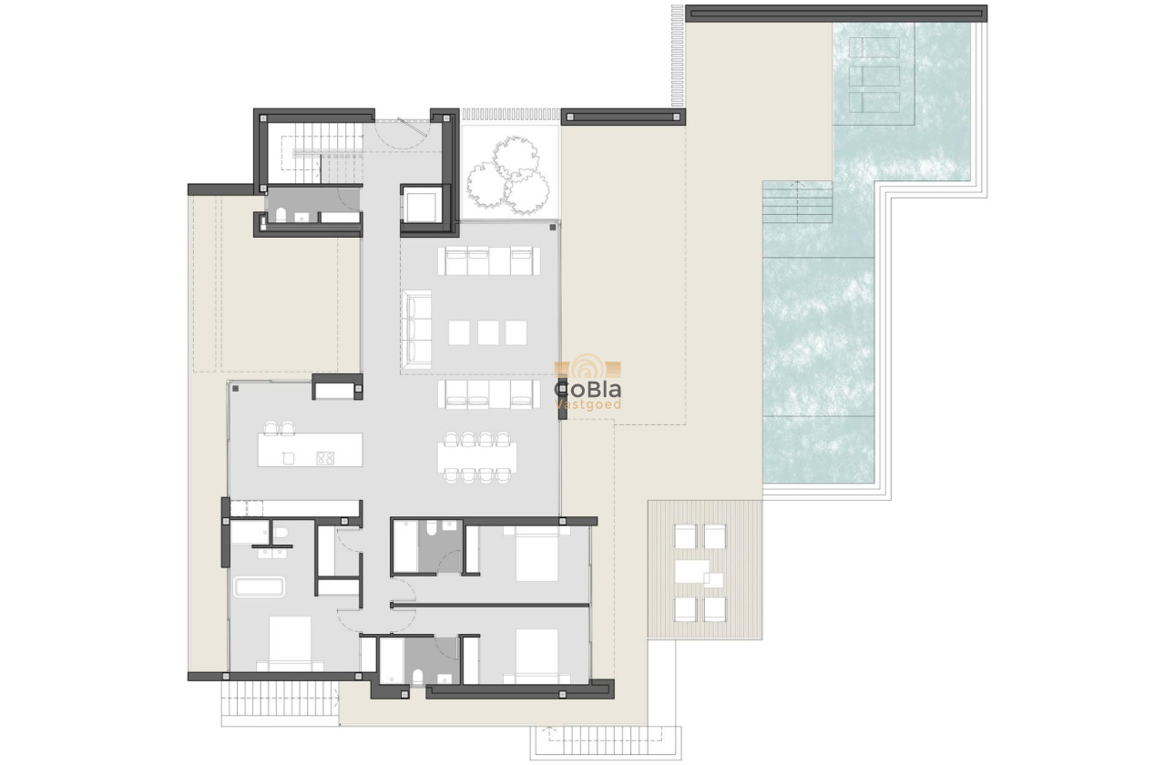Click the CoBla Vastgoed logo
coord(588,385)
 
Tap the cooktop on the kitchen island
coord(325,458)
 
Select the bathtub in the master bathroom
coord(260,586)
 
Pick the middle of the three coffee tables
coord(487,332)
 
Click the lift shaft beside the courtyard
coord(423,206)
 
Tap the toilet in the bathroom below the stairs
coord(281,215)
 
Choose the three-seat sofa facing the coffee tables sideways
coord(418,328)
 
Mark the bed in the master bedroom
coord(290,643)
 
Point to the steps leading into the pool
coord(798,202)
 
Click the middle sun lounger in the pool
coord(874,76)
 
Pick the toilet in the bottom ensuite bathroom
coord(418,677)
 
